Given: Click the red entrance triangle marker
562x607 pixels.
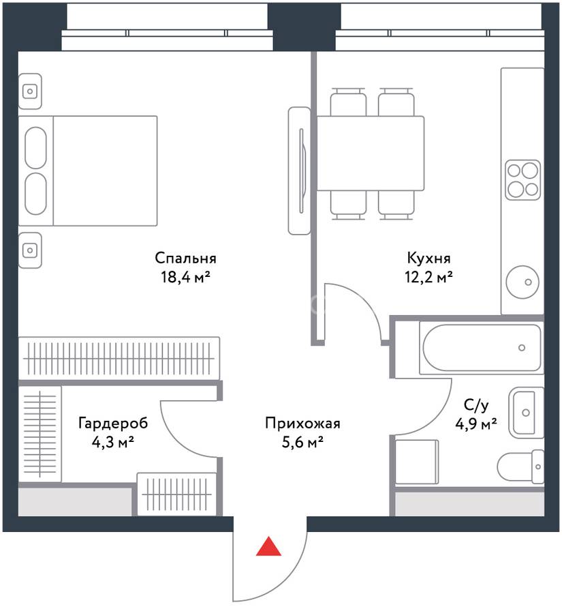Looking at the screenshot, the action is pos(269,546).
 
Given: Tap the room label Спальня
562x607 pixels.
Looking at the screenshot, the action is pos(186,258).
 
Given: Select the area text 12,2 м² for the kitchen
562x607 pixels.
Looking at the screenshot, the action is pos(429,277).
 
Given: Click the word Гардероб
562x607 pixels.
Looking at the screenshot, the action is pos(113,423).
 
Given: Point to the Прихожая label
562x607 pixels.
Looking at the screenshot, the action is pos(303,423).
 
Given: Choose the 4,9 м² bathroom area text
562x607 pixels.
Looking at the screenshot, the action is pos(476,424).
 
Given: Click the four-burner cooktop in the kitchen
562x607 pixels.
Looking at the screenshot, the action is pos(523,180).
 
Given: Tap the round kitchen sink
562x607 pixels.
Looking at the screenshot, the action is pos(522,282).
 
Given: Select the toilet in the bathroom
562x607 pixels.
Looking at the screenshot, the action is pos(520,467).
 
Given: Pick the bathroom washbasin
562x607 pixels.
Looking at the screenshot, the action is pos(526,412).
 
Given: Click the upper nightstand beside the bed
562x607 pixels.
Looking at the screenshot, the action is pos(30,91).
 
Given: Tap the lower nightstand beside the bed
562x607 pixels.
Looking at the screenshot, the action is pos(30,250).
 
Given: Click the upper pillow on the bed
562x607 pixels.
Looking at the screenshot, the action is pos(36,148).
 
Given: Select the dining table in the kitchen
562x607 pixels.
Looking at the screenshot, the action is pos(371,153).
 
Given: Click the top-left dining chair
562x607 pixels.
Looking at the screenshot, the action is pos(348,102).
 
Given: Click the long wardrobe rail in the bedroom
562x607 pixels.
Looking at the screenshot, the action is pos(119,358).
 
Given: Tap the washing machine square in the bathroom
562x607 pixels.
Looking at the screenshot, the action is pos(417,462).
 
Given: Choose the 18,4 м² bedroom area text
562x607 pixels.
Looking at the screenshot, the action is pos(186,277).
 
